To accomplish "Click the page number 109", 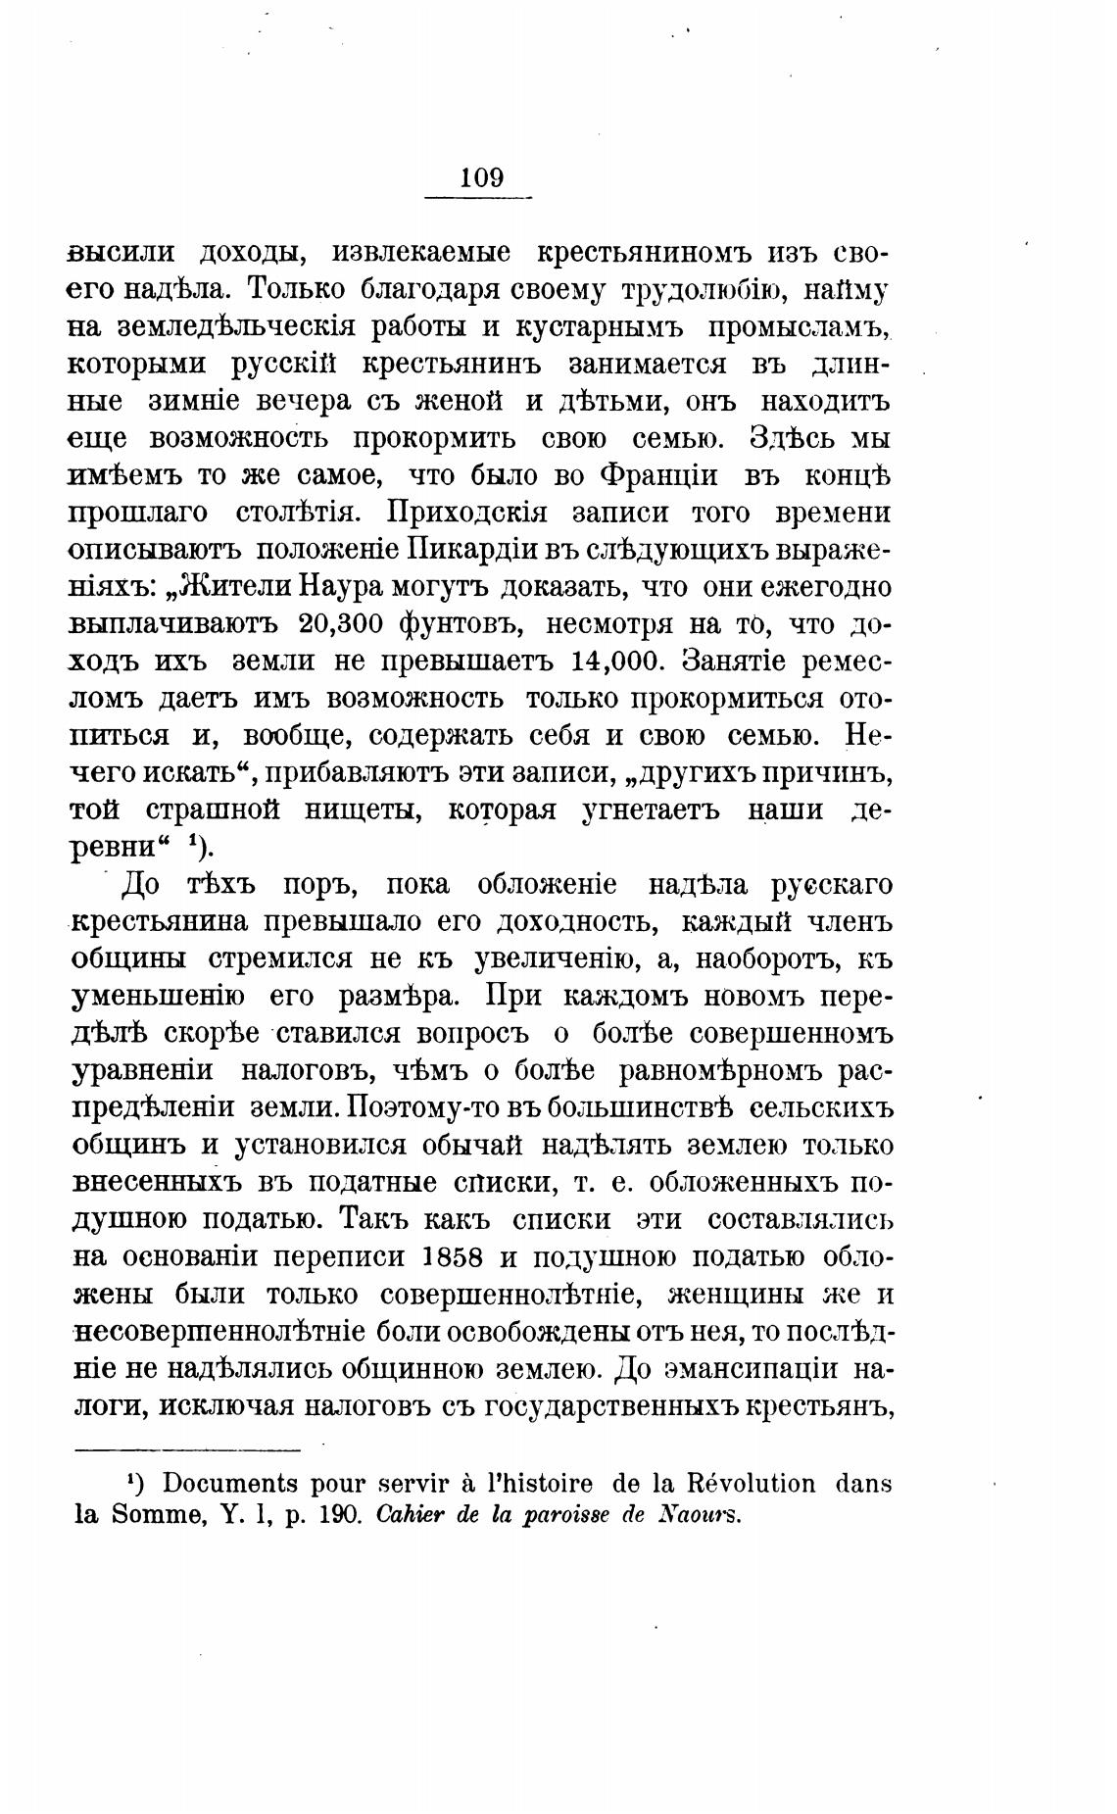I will tap(480, 178).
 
